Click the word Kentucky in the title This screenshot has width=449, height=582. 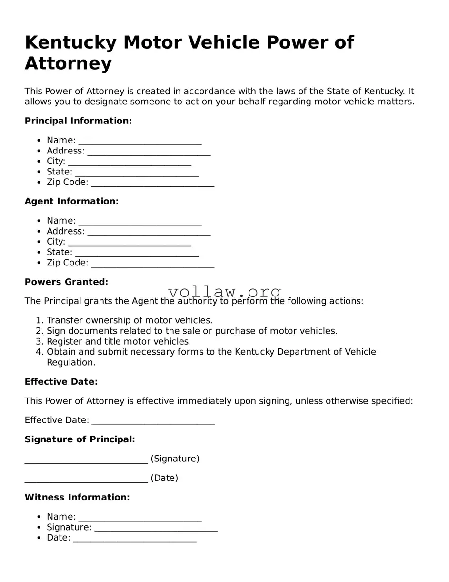70,43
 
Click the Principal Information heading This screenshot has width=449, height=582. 78,121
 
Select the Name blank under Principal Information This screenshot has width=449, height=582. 140,142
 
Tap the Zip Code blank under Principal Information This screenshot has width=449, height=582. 152,184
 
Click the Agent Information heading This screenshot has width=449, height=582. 71,202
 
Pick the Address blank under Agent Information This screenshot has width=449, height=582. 149,233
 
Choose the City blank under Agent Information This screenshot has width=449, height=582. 130,243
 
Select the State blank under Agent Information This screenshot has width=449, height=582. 137,254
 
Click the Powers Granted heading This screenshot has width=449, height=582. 66,282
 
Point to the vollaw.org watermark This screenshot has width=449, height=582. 225,291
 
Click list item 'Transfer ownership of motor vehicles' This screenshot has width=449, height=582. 130,320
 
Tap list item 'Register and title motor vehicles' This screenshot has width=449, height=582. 119,341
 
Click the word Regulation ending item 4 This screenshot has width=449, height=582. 70,362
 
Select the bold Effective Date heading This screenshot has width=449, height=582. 61,382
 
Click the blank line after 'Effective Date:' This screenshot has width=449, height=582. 153,421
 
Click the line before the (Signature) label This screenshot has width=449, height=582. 86,460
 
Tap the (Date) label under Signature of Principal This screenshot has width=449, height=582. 164,478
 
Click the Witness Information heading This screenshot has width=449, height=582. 77,498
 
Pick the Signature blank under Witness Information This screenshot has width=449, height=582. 156,529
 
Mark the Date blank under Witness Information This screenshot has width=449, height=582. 135,539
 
